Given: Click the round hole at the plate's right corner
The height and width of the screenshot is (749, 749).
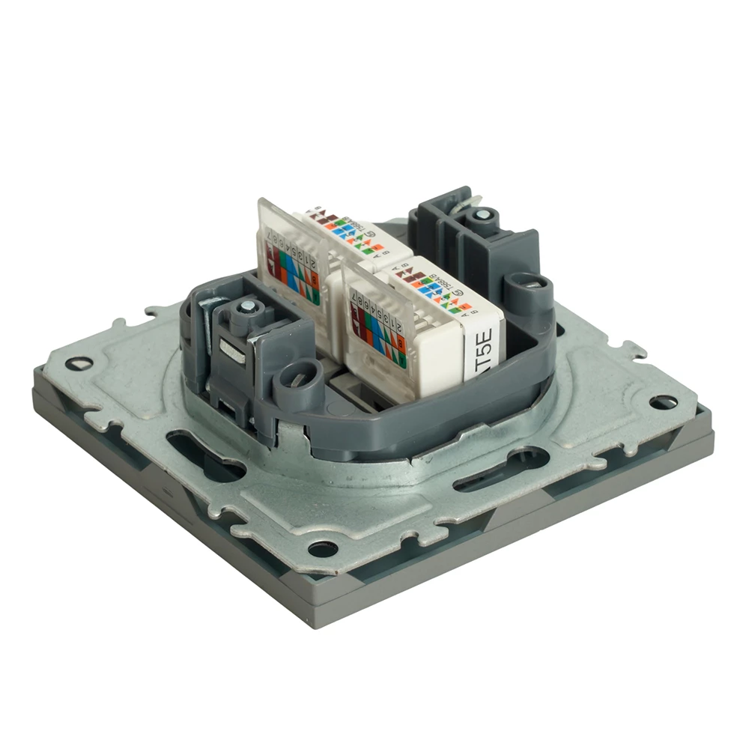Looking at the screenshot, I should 662,402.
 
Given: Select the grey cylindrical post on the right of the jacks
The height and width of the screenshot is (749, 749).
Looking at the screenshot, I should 527,292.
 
